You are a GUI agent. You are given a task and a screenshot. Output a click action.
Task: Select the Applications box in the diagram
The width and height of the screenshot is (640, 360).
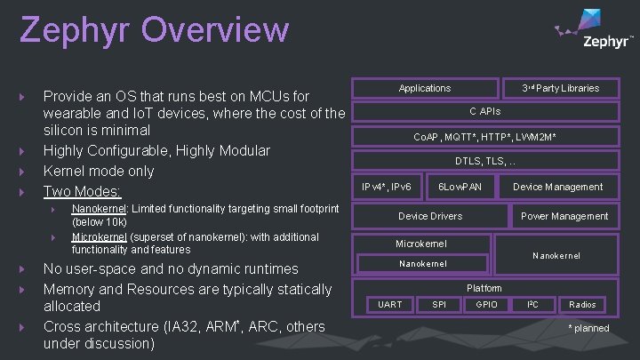(x=425, y=88)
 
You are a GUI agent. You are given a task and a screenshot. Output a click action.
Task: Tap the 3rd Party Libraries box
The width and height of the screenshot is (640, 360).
(x=560, y=88)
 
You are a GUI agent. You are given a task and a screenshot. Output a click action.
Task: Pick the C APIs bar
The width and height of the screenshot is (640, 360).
(x=484, y=112)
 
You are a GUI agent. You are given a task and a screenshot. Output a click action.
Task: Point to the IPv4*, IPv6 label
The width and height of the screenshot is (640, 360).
(x=387, y=187)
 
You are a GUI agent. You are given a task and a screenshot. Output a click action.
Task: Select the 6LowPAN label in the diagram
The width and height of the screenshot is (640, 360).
(x=460, y=187)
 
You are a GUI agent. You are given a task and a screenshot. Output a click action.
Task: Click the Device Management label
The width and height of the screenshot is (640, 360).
(x=557, y=187)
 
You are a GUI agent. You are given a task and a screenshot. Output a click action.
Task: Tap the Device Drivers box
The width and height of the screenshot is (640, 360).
(x=430, y=216)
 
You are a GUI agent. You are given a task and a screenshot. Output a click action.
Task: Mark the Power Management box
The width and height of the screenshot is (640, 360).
(x=564, y=216)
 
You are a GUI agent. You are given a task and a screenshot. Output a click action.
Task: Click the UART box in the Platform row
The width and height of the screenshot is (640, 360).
(x=390, y=305)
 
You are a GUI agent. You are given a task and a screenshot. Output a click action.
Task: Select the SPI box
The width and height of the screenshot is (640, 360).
(x=439, y=305)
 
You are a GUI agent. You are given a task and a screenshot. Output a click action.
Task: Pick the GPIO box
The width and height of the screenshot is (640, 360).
(x=486, y=305)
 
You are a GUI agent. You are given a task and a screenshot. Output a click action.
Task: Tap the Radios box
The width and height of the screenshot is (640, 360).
(x=582, y=305)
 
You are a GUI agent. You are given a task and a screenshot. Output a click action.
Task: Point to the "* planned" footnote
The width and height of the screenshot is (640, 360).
(x=589, y=328)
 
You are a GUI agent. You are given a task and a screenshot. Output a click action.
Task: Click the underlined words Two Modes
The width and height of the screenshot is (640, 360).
(x=83, y=191)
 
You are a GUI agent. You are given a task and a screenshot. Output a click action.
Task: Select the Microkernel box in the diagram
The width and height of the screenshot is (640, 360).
(x=421, y=244)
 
